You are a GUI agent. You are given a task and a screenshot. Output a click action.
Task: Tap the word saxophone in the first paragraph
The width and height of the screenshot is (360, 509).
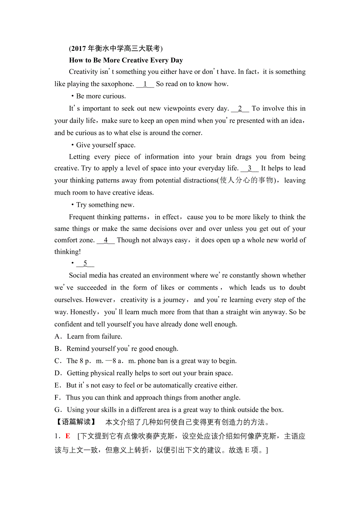point(117,84)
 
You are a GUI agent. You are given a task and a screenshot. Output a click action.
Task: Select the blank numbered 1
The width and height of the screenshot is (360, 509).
point(145,84)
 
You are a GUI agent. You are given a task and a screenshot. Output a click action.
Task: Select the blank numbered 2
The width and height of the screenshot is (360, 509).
point(240,108)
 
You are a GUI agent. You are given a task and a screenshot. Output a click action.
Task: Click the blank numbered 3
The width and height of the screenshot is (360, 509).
point(250,168)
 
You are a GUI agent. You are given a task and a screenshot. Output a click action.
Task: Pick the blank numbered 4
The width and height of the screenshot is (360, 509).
point(106,240)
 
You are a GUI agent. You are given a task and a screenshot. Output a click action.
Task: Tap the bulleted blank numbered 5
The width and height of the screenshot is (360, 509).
point(85,263)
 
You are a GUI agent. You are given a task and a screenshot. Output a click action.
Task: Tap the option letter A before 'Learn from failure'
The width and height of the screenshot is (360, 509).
point(58,337)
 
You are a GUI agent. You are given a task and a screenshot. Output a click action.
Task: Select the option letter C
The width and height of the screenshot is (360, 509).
point(58,361)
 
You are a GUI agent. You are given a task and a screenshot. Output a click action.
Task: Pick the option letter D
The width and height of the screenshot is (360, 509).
point(58,373)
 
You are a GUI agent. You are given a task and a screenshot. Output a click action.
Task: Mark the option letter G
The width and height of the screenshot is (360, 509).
point(58,410)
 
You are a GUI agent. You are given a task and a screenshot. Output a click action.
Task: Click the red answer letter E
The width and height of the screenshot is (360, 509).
point(68,436)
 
